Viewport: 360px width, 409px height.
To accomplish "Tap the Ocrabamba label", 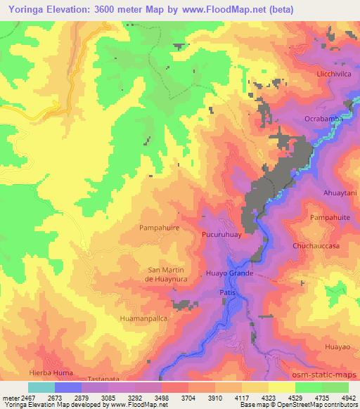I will click(x=323, y=119).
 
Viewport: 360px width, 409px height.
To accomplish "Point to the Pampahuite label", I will click(x=330, y=219).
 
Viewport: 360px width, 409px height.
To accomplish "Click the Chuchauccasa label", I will click(x=316, y=247).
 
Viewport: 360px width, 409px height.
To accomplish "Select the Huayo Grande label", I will click(x=229, y=272).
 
